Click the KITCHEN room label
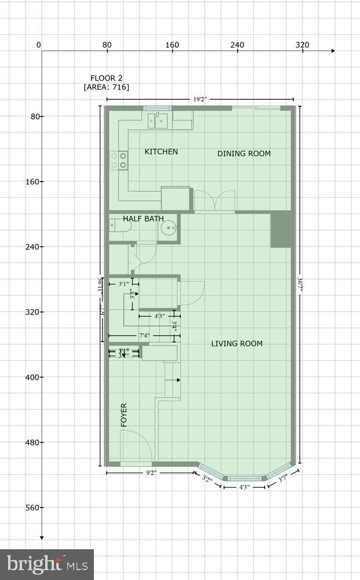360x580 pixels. click(x=161, y=152)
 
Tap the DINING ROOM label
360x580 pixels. click(x=244, y=154)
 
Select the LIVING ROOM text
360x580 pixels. click(x=237, y=344)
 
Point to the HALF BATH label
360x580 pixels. click(x=143, y=219)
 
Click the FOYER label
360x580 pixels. click(x=123, y=415)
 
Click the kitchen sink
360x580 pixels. click(x=158, y=121)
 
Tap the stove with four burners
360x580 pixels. click(x=119, y=161)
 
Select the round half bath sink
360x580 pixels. click(x=169, y=229)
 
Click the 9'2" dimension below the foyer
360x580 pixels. click(x=151, y=473)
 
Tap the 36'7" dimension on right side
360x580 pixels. click(x=300, y=285)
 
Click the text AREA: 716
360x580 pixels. click(x=107, y=88)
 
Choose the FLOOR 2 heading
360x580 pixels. click(x=106, y=78)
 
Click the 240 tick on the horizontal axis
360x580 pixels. click(x=237, y=45)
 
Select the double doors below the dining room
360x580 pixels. click(x=214, y=201)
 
